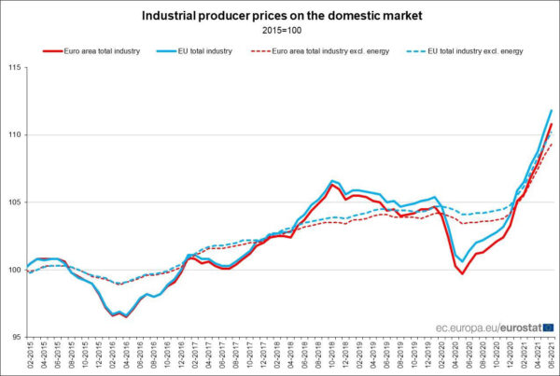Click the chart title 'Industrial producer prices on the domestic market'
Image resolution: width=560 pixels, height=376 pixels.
coord(281,16)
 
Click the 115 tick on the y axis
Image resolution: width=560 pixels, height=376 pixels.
coord(16,67)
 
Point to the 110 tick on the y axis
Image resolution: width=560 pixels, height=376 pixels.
coord(16,135)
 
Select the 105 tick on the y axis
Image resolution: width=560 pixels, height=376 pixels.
coord(16,202)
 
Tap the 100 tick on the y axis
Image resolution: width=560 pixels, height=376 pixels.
coord(16,270)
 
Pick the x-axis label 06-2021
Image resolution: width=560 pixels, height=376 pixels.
coord(552,357)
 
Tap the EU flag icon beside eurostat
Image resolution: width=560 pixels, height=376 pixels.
coord(548,327)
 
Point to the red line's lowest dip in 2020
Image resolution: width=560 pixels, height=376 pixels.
coord(461,273)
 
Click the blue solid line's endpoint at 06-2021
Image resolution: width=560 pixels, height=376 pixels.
coord(552,111)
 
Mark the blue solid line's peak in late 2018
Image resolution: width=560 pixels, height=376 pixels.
coord(331,180)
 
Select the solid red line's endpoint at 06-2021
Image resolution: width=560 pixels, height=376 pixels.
coord(552,124)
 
